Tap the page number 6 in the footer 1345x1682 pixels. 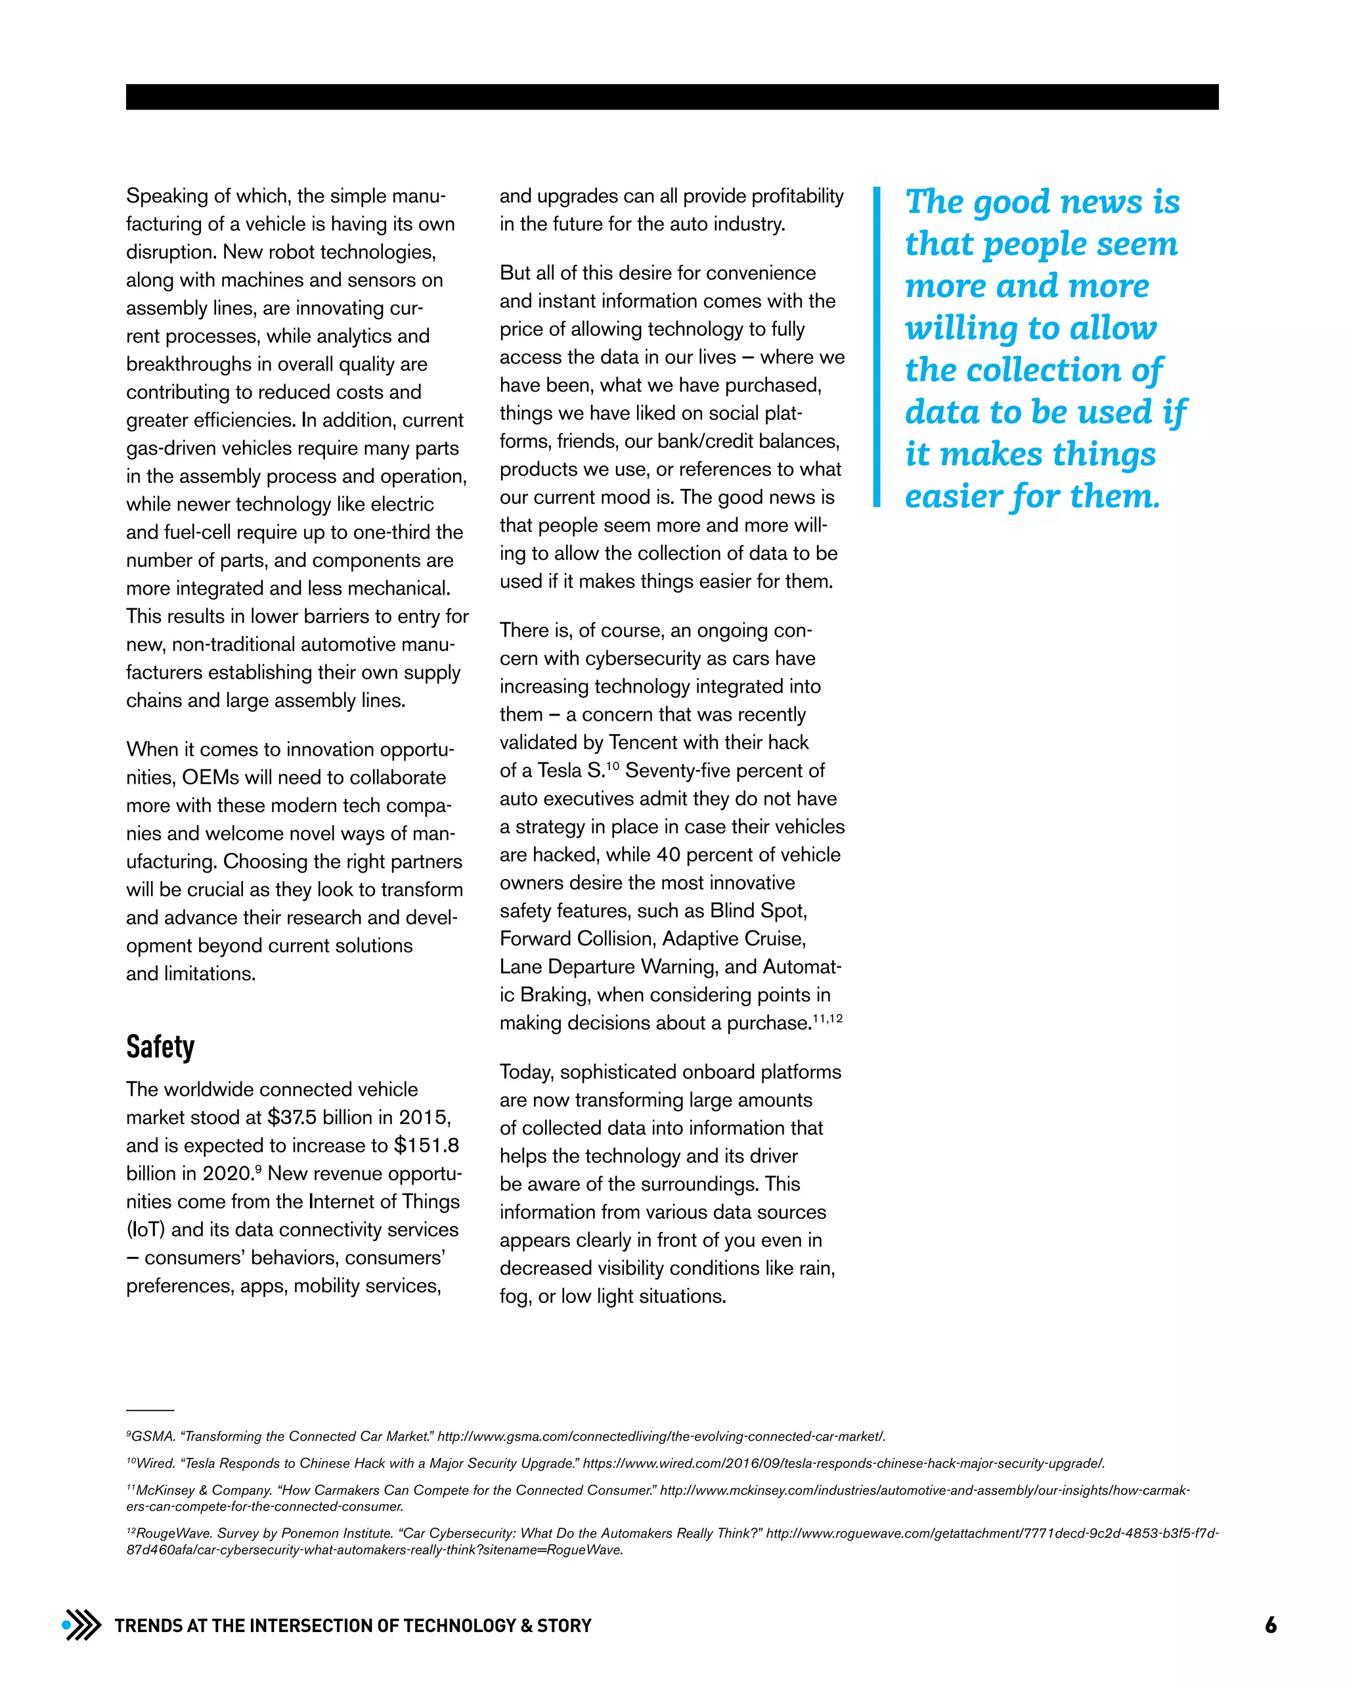[1270, 1625]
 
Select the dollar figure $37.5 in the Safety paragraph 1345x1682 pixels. [292, 1117]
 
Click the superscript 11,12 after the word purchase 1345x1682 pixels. [827, 1019]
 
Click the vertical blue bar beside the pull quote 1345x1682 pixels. [876, 346]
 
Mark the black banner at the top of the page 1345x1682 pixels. [672, 97]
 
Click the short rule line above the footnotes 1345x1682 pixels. [150, 1411]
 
